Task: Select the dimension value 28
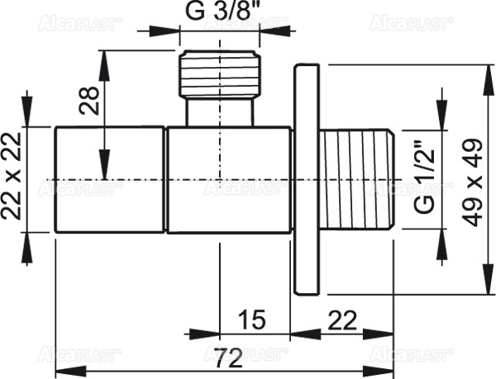pyautogui.click(x=94, y=99)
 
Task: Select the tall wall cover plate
pyautogui.click(x=306, y=178)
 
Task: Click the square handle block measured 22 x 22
pyautogui.click(x=109, y=178)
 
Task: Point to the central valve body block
pyautogui.click(x=229, y=178)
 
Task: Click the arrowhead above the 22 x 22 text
pyautogui.click(x=28, y=116)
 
